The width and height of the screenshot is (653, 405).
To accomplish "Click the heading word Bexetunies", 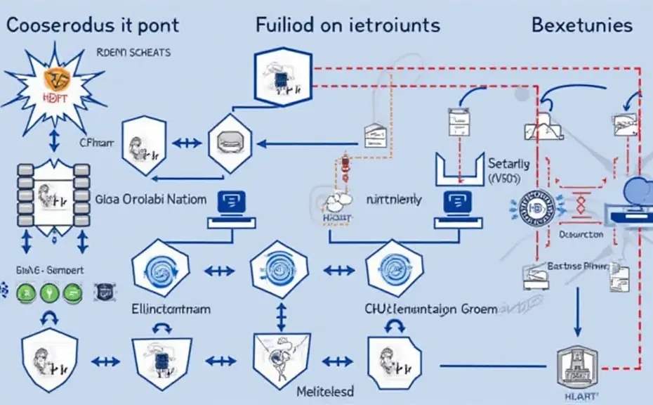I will coord(581,26).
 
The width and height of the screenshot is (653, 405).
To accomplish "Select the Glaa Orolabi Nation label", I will coord(150,199).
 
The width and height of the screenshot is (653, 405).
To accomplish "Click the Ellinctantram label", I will coord(171,308).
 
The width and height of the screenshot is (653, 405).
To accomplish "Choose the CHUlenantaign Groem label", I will coord(430,309).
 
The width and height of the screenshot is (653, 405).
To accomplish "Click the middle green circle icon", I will coord(49,293).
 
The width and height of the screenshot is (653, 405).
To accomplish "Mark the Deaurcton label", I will coord(580,233).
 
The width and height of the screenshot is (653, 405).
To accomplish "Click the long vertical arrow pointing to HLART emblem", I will coord(577,309).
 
